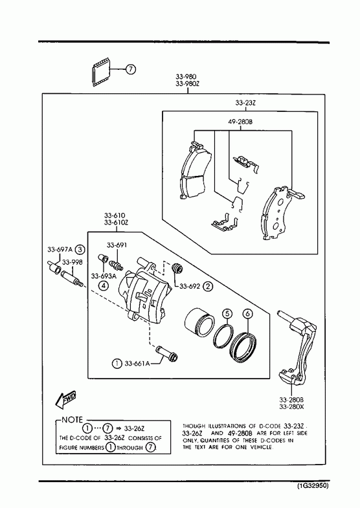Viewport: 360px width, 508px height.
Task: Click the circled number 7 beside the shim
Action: coord(130,69)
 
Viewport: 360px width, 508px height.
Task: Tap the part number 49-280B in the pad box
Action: coord(240,122)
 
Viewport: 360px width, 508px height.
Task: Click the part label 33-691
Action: coord(117,245)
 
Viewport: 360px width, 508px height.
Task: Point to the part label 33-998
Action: coord(73,262)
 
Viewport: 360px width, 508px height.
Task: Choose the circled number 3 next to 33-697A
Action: coord(80,250)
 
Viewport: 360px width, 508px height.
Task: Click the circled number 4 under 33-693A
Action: coord(104,285)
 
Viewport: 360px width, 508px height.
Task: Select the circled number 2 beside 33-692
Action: coord(208,286)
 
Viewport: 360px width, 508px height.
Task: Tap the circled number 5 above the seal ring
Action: coord(227,314)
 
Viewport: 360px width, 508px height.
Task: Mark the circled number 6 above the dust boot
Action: coord(247,314)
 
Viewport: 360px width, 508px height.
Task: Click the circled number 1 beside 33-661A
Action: coord(117,364)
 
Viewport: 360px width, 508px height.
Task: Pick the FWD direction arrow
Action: coord(66,399)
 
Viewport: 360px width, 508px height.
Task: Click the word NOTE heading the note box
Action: coord(73,420)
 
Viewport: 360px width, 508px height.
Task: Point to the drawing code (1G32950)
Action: coord(313,486)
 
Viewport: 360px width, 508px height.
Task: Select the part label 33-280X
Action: coord(291,407)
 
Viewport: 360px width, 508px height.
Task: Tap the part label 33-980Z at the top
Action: coord(188,83)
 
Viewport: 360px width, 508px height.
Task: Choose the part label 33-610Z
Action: coord(117,223)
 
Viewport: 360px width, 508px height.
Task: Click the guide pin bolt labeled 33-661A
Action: coord(167,354)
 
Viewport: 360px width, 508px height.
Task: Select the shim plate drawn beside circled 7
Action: coord(100,72)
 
